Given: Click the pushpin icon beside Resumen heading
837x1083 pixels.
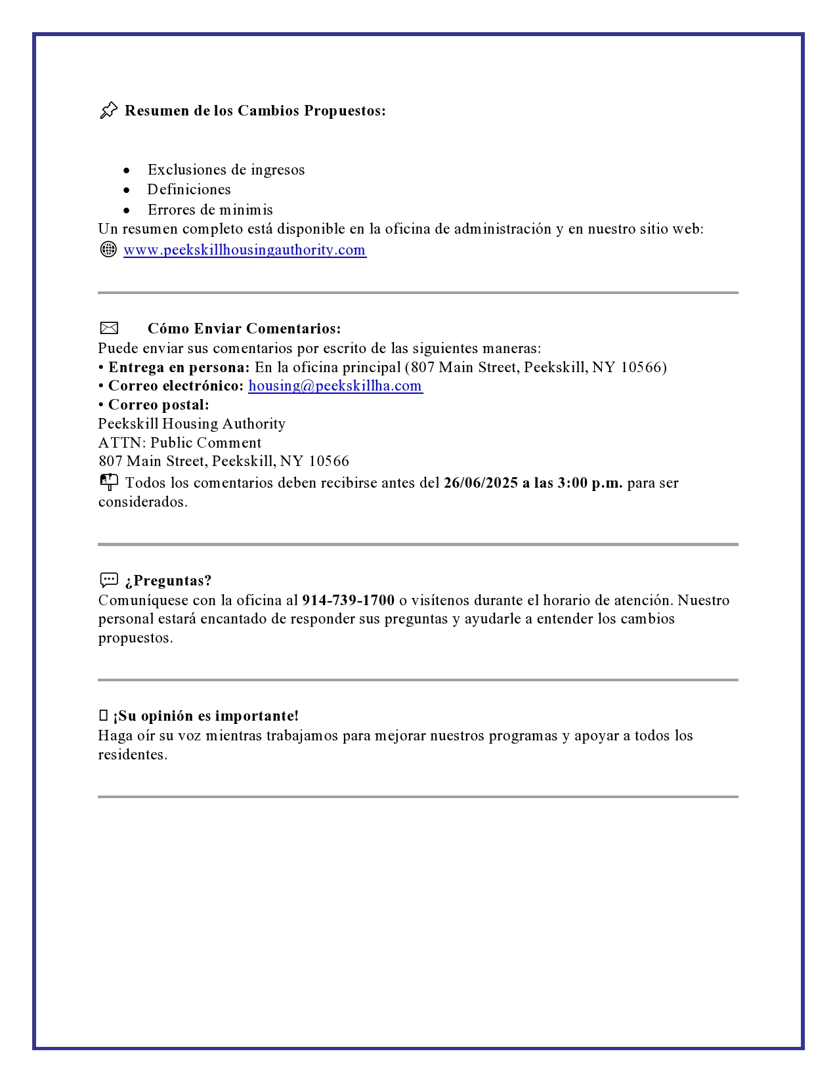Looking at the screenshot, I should point(109,110).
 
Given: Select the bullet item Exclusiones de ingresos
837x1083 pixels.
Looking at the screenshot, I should point(226,170).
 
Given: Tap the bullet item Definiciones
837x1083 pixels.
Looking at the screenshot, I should point(189,190).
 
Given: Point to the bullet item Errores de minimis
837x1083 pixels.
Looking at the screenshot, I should point(210,210).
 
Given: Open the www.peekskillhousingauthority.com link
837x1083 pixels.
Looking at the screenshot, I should point(244,250).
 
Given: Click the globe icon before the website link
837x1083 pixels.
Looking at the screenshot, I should point(108,249).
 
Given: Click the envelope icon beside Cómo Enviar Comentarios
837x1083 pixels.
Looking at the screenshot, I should point(109,328).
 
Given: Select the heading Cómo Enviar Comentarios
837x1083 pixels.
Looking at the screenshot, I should point(244,329).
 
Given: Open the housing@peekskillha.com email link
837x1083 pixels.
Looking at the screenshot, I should point(335,386).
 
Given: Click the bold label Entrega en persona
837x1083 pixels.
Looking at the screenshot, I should point(179,368).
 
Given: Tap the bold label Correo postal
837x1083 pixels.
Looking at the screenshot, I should point(158,405).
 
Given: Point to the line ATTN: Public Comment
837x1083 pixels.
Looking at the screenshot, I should point(180,443).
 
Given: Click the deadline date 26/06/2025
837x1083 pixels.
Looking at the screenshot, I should point(481,483).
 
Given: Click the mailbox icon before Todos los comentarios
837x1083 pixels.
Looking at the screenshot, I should point(109,482).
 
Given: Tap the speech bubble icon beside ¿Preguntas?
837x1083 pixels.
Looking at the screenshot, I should point(109,580).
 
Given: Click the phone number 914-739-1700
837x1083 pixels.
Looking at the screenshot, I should point(348,601).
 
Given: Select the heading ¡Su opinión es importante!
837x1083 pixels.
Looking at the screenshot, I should point(205,716).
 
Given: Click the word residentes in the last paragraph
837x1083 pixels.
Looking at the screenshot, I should point(133,755).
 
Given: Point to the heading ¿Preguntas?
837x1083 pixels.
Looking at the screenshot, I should point(169,581).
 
